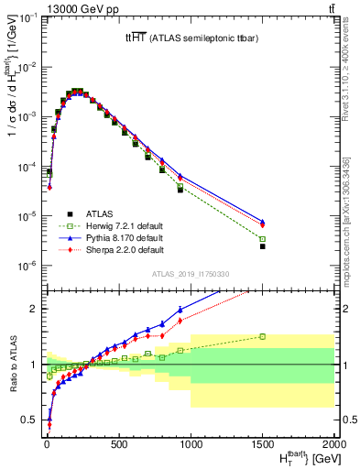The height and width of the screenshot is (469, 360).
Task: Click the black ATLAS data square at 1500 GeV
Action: (x=262, y=246)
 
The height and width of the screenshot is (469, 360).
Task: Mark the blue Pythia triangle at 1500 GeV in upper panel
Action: (x=262, y=221)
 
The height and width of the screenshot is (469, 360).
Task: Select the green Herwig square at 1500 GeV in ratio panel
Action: (x=262, y=336)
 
